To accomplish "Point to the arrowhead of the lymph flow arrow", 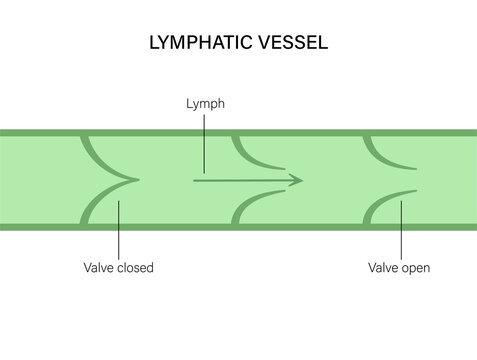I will coord(297,180).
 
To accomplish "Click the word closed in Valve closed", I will coord(136,268).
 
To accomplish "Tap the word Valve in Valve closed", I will coord(100,268).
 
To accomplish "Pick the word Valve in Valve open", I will coord(383,268).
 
